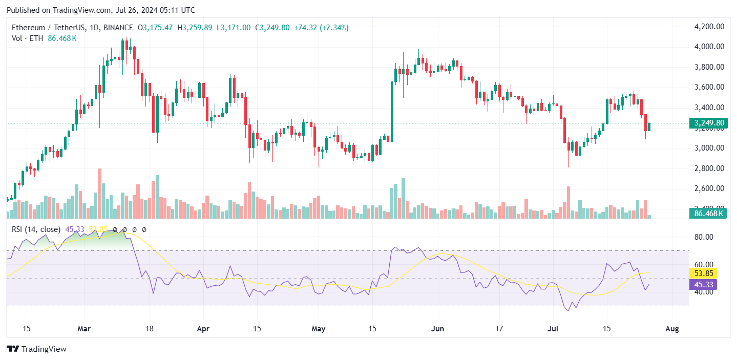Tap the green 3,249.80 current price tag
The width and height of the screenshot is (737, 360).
(x=707, y=123)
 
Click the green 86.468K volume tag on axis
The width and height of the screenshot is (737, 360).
(x=707, y=214)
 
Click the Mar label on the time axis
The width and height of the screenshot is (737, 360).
(x=84, y=329)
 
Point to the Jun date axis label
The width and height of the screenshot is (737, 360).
(x=437, y=329)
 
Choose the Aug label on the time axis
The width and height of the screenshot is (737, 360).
(x=672, y=329)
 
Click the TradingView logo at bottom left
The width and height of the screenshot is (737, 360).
(x=37, y=349)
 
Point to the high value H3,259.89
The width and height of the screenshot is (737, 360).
(x=195, y=27)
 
